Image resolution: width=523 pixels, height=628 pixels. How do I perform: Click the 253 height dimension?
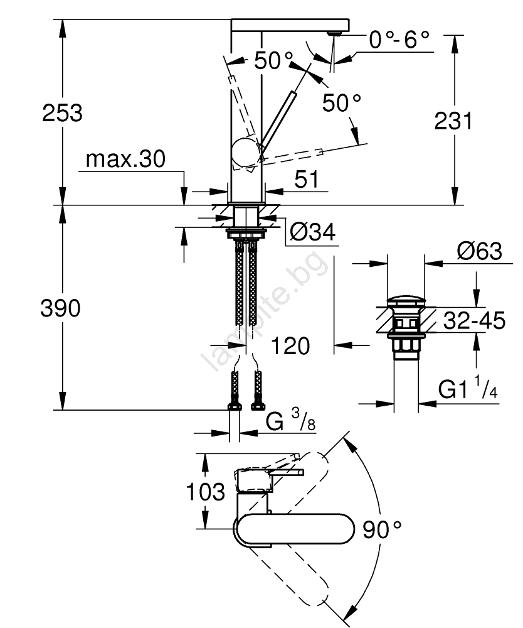(x=62, y=114)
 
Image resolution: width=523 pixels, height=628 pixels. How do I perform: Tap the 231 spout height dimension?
(x=453, y=121)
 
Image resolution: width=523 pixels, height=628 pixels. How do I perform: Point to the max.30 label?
(x=125, y=160)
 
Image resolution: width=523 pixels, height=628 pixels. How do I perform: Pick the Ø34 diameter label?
(x=313, y=234)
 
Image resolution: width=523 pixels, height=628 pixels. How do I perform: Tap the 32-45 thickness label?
(x=473, y=322)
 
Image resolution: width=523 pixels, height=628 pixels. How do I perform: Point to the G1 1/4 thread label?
(x=468, y=390)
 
